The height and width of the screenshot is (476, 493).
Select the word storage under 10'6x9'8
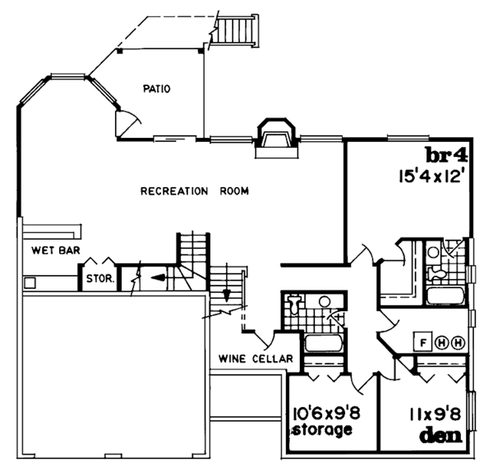323,429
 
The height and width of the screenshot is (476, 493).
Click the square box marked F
423,341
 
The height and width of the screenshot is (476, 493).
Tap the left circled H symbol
440,341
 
